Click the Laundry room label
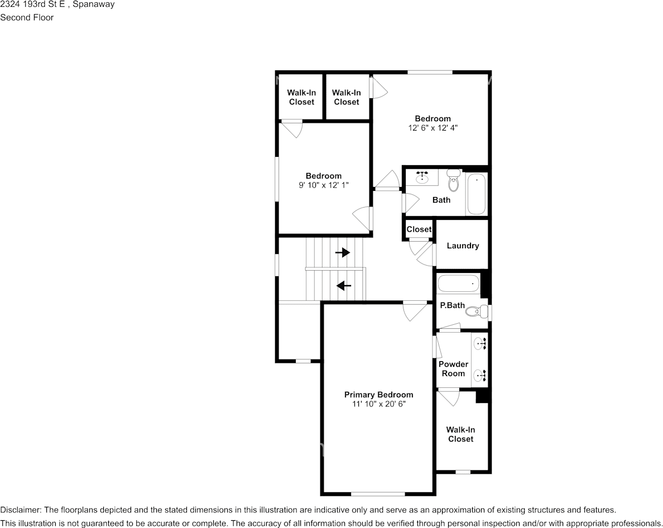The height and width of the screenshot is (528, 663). (463, 246)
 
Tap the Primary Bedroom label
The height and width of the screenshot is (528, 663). (378, 395)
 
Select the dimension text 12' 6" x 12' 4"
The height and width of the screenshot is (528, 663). (433, 128)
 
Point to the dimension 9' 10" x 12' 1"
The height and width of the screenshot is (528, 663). (324, 185)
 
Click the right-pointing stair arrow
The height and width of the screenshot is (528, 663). (343, 253)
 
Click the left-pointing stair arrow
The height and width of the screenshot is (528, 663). (344, 286)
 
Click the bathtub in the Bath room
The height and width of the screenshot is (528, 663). (477, 194)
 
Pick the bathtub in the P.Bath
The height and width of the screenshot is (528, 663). (458, 283)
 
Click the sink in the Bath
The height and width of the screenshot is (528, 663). (422, 177)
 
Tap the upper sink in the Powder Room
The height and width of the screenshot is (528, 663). (481, 344)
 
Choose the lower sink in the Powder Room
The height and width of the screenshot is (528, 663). (481, 375)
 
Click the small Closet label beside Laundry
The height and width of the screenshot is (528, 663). (419, 229)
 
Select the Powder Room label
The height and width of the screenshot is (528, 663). (453, 368)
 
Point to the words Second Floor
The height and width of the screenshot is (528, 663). (27, 17)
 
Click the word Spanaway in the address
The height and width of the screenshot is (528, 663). (93, 5)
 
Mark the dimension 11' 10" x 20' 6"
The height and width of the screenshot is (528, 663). (379, 404)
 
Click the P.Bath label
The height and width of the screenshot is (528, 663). (452, 305)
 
